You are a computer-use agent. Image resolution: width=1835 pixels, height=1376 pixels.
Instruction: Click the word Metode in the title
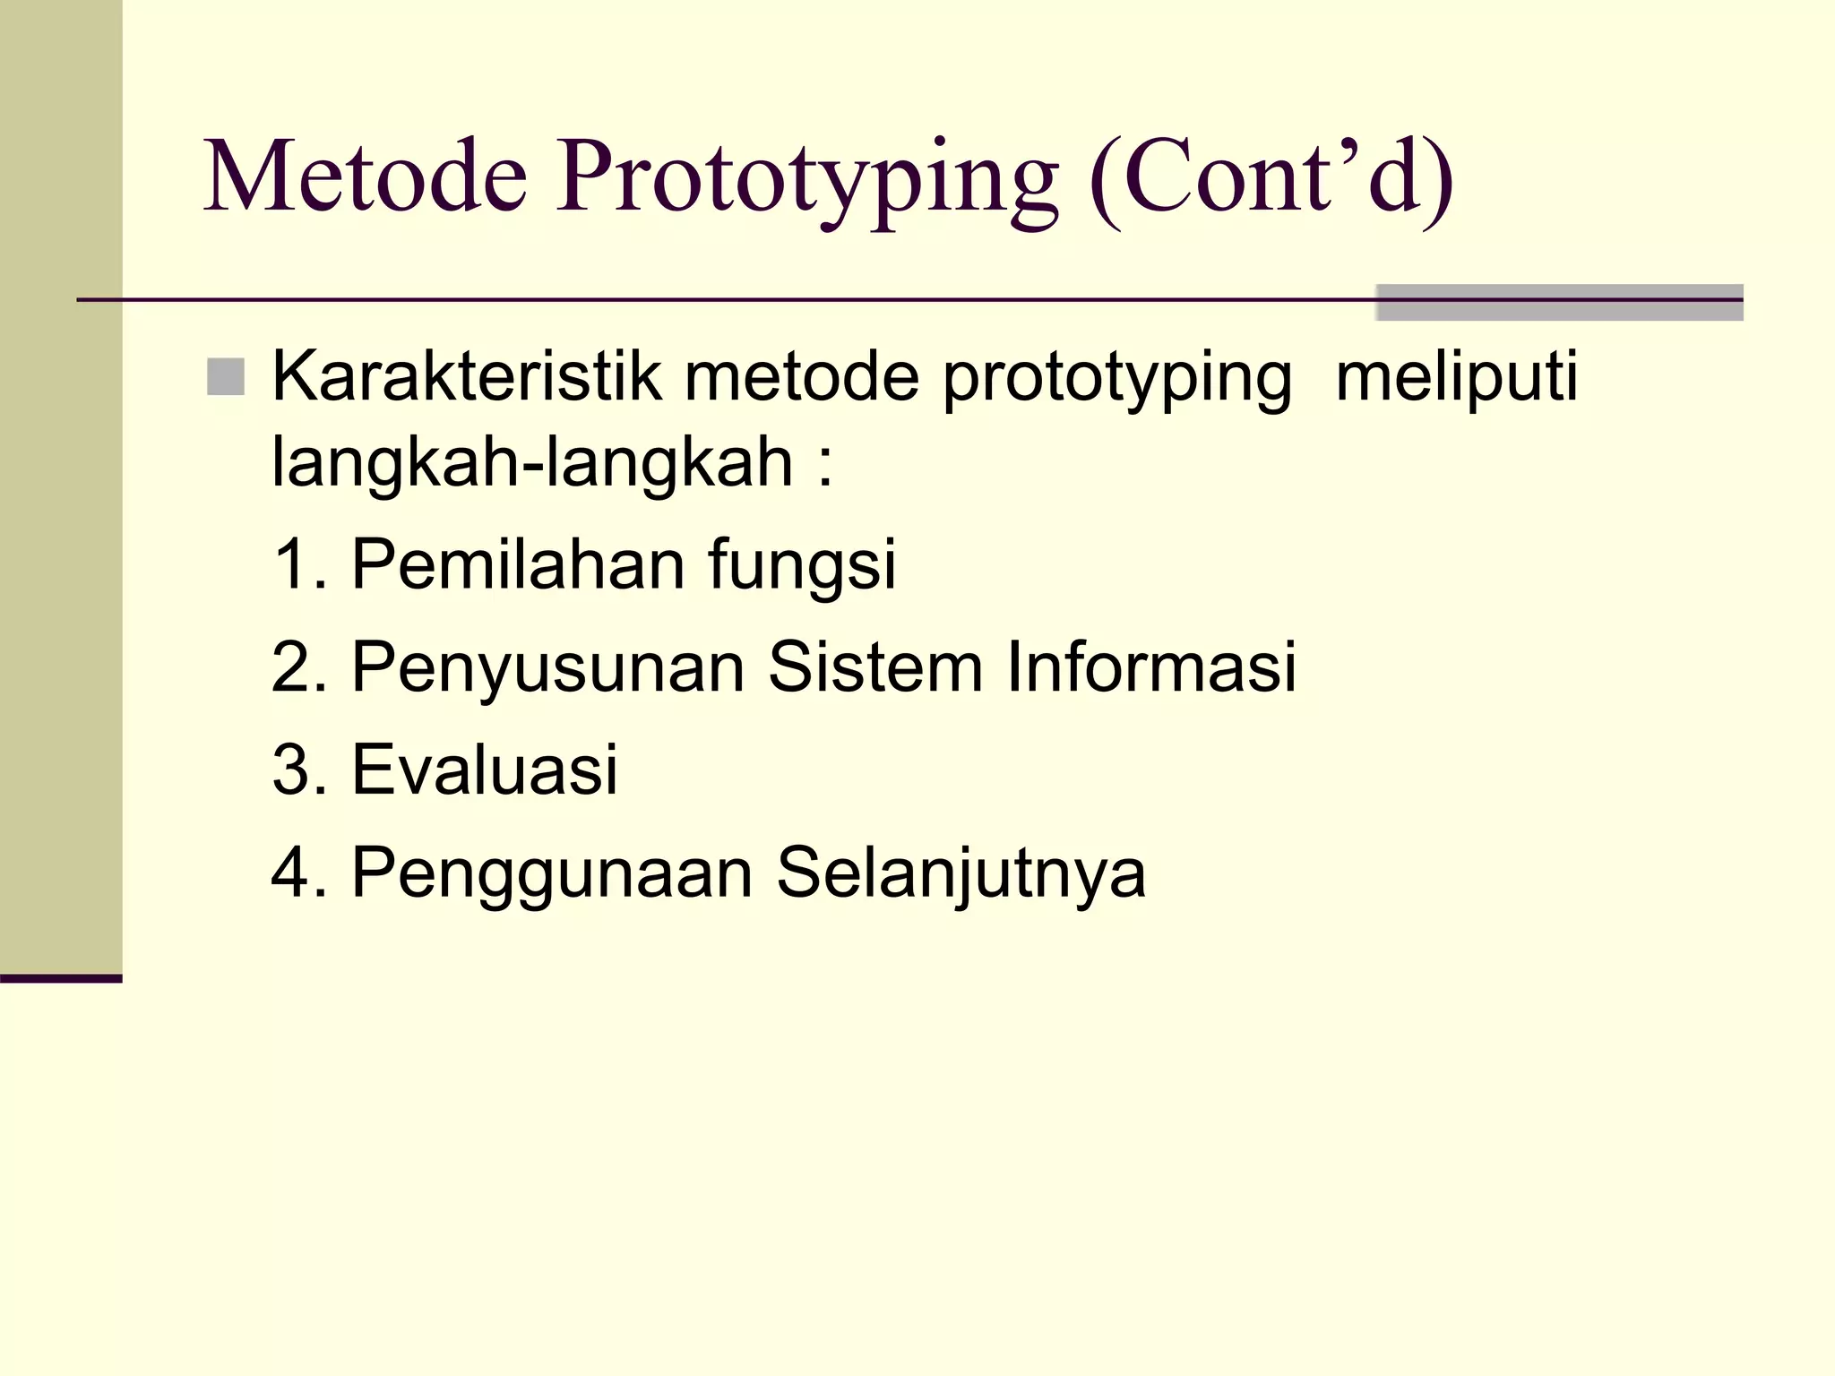[366, 176]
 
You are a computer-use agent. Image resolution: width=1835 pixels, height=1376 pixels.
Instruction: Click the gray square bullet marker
[225, 377]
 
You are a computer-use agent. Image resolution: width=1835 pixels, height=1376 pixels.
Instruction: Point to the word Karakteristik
[467, 377]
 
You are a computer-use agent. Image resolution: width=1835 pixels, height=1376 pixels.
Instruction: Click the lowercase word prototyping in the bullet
[1116, 382]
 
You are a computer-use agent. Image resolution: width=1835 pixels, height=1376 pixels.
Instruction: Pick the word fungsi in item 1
[802, 568]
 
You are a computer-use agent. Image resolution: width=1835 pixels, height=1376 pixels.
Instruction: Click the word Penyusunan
[547, 668]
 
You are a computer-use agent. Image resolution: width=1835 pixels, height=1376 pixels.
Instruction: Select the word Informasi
[1150, 667]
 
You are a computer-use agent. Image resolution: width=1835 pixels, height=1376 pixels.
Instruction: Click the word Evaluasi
[484, 770]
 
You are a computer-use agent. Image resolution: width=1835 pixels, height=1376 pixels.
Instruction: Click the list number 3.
[290, 770]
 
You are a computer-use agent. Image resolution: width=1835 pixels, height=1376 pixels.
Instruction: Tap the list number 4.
[290, 872]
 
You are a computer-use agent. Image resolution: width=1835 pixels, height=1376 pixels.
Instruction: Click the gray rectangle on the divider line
[1558, 303]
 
